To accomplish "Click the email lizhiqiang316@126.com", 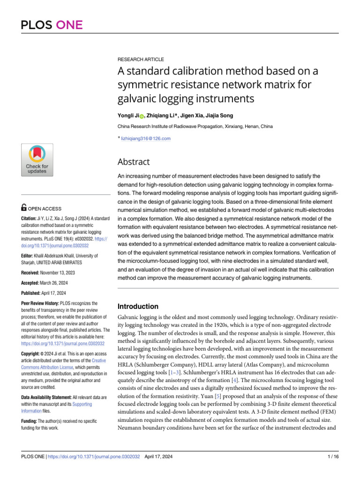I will coord(146,138).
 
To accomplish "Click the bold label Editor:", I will coord(29,256).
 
